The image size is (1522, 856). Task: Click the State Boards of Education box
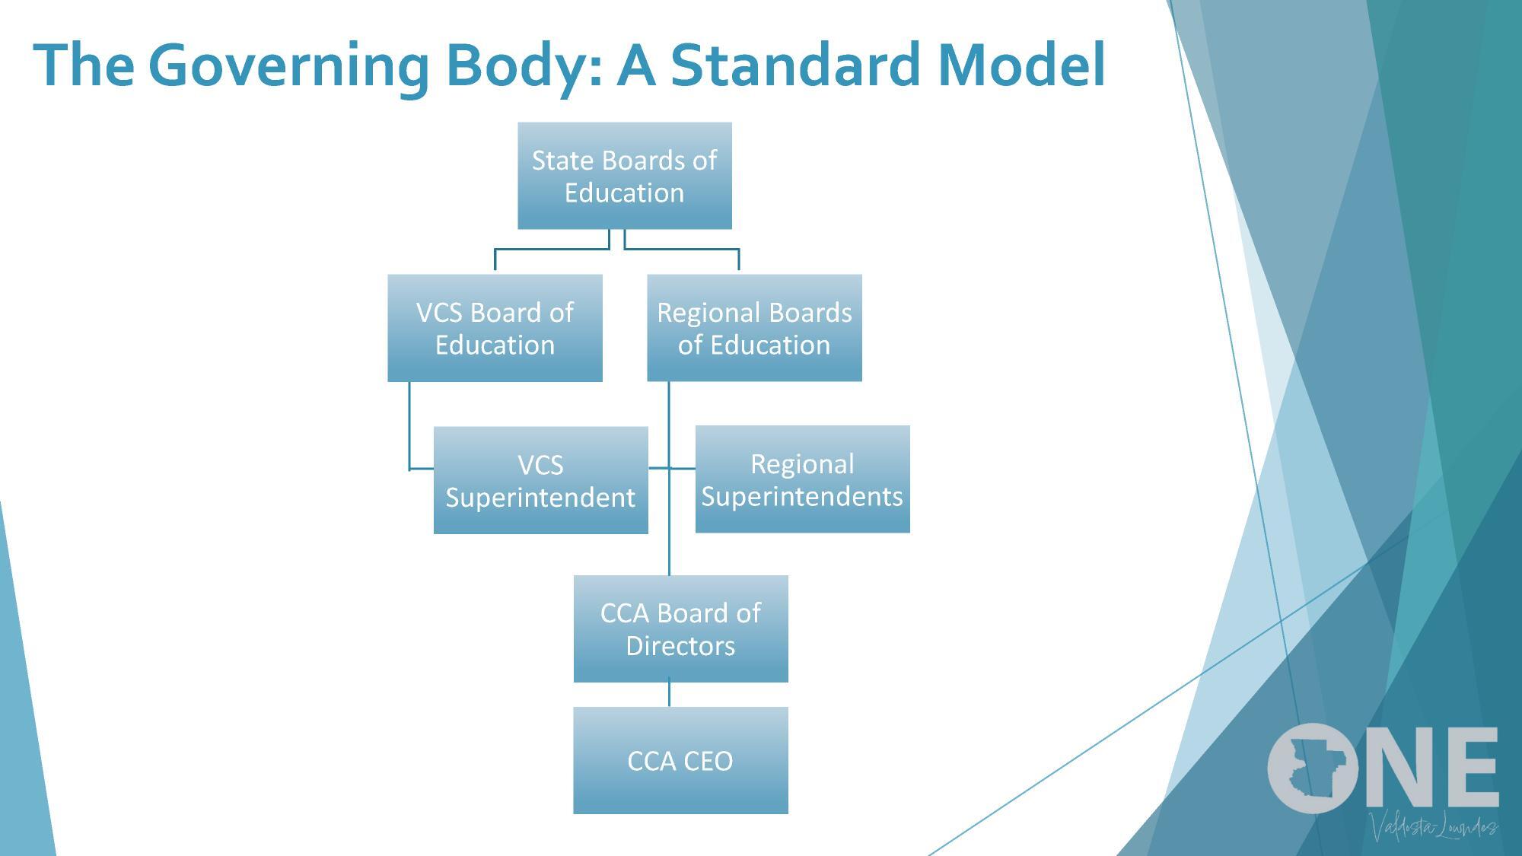624,176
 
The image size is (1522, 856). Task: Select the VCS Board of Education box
495,328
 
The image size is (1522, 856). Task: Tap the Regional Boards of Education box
754,328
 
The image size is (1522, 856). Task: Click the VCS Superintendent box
540,480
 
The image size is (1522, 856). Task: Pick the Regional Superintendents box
802,479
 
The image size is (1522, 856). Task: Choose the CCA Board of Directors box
680,628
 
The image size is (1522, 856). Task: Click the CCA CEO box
680,760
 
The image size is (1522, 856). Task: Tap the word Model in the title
1021,65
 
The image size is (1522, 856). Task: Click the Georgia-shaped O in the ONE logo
1312,767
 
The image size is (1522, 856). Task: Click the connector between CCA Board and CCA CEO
669,694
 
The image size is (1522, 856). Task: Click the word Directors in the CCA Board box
680,646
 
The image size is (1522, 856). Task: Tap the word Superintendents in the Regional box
802,497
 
